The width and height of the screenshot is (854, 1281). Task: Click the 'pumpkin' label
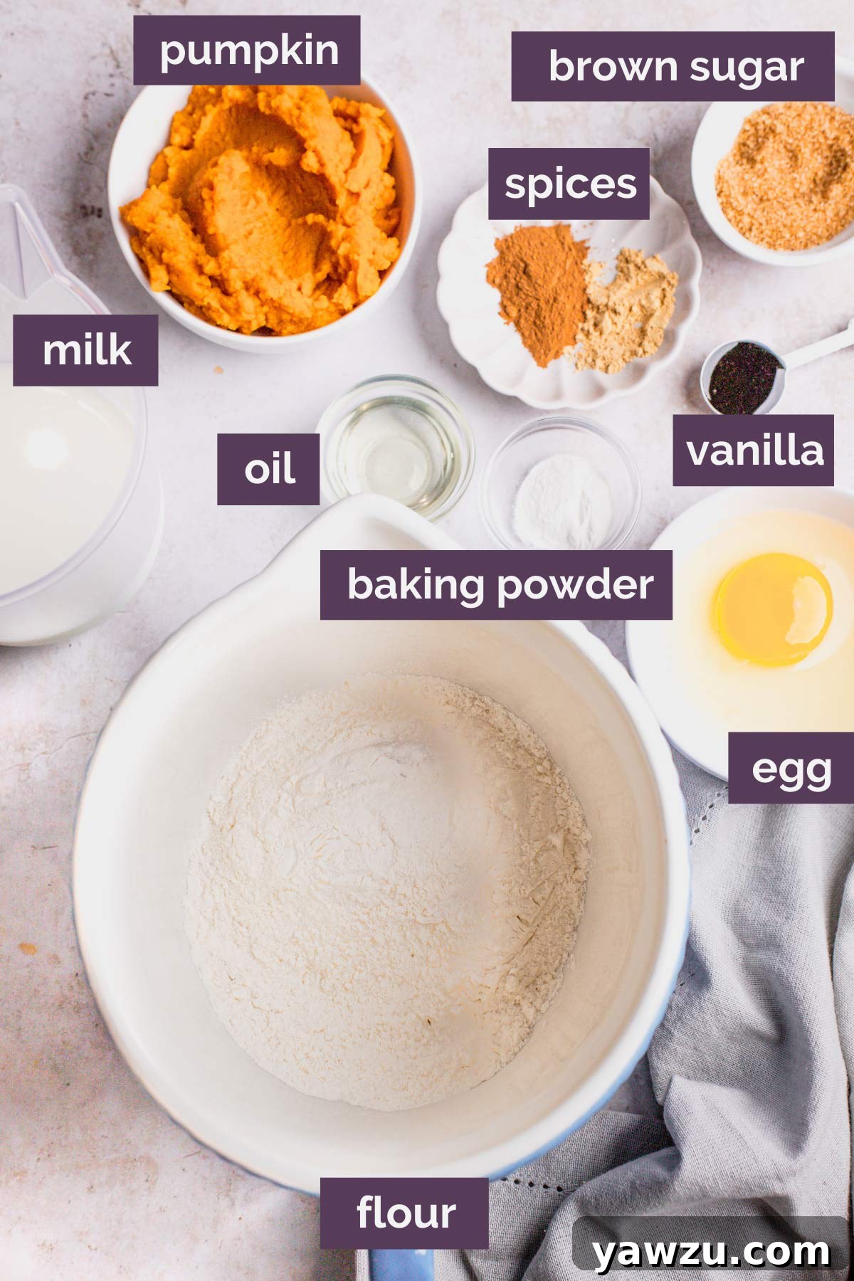[x=246, y=51]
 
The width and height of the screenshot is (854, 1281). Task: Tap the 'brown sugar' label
[x=673, y=66]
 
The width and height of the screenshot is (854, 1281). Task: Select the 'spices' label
[x=569, y=184]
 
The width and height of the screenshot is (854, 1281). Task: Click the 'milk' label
[x=85, y=350]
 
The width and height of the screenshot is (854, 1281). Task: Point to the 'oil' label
[x=268, y=469]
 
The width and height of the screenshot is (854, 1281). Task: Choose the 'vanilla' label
[x=753, y=450]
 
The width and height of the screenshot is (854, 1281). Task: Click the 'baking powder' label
[x=496, y=584]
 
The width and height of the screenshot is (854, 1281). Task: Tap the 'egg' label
[x=790, y=769]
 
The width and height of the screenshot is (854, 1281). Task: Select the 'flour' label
[x=404, y=1213]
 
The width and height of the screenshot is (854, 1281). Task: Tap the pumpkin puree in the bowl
[x=263, y=213]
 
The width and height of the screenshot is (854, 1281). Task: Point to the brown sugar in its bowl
[x=783, y=181]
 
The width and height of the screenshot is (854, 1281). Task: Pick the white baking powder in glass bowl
[x=562, y=498]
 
